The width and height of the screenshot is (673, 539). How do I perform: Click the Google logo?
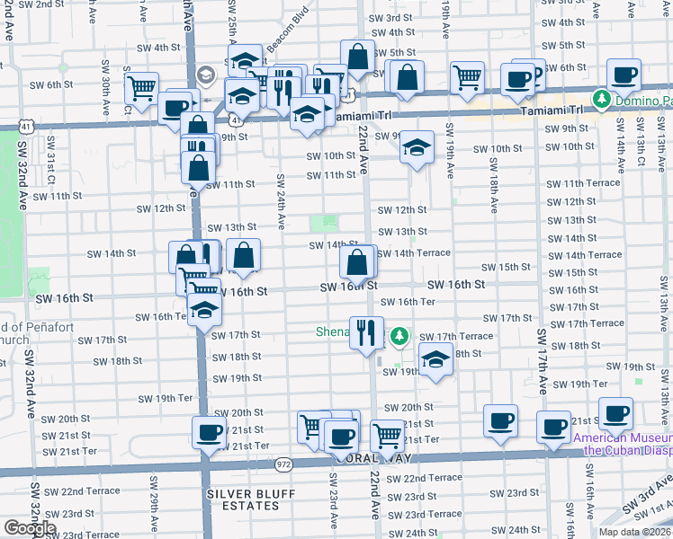pos(30,528)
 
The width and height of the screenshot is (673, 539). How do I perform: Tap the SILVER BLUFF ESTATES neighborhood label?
pos(243,500)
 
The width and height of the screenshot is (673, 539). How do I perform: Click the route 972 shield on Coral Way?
pos(285,464)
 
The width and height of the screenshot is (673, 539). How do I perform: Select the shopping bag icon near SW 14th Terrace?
pos(357,263)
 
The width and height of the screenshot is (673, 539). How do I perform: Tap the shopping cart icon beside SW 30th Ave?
pos(142,88)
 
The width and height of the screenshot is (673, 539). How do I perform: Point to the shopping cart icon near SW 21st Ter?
pos(388,436)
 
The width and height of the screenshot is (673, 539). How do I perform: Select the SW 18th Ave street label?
pos(494,188)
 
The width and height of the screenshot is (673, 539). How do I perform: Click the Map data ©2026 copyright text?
pos(634,532)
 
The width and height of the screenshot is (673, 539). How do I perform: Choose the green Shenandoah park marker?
pos(399,337)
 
